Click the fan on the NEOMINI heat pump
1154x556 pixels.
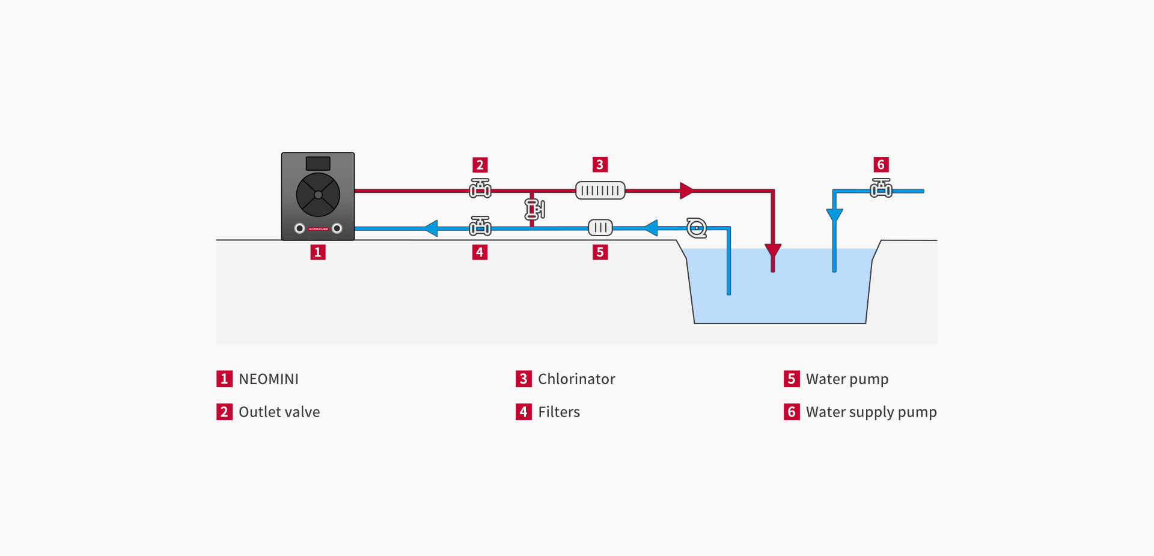[318, 195]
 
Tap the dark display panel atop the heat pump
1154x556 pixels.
[318, 163]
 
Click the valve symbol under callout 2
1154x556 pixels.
[480, 188]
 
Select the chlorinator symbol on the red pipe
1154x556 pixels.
[600, 191]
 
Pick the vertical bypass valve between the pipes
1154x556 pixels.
[534, 209]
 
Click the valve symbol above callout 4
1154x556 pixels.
[480, 226]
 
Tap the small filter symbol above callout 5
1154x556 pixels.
[600, 228]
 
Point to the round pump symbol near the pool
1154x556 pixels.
[697, 228]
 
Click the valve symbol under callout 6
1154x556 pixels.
[881, 188]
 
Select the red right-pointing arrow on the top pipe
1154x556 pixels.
[686, 191]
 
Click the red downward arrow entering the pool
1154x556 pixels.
[773, 251]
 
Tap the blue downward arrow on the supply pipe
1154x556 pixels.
[834, 216]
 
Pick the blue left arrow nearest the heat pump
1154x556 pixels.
[430, 228]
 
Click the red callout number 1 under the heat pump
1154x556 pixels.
[318, 252]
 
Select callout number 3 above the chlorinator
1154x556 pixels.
[600, 165]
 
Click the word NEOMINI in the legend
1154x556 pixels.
[269, 379]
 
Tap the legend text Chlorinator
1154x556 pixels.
[576, 379]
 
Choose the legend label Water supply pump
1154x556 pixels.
[872, 412]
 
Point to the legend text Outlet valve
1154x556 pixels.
[279, 412]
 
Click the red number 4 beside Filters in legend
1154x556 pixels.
[524, 412]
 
